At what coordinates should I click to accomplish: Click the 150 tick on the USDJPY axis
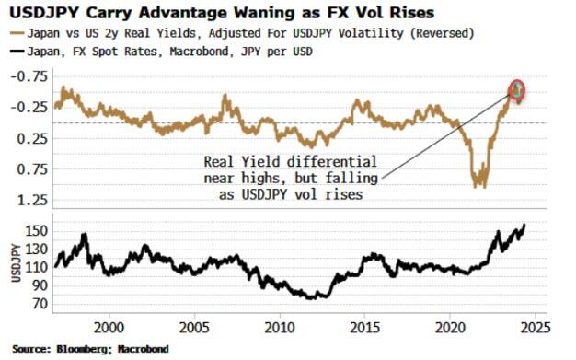pyautogui.click(x=38, y=230)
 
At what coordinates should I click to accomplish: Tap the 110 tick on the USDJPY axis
pyautogui.click(x=38, y=267)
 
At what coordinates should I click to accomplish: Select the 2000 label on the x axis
pyautogui.click(x=109, y=328)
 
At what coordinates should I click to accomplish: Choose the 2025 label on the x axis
pyautogui.click(x=535, y=328)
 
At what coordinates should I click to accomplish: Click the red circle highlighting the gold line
pyautogui.click(x=517, y=89)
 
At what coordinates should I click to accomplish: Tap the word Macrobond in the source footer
pyautogui.click(x=141, y=349)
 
